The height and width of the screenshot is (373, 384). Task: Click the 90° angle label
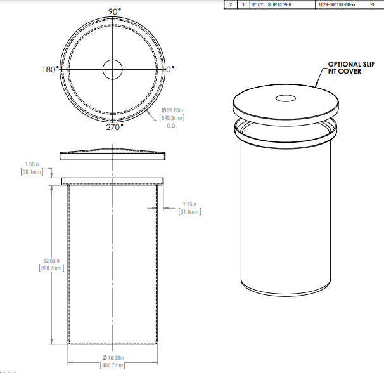click(x=114, y=12)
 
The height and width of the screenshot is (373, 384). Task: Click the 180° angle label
click(x=51, y=69)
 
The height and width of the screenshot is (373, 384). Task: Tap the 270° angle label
click(x=114, y=126)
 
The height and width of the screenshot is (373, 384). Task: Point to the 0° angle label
click(x=170, y=69)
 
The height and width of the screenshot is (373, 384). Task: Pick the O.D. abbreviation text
click(x=171, y=126)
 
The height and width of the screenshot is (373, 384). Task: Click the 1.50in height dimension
click(x=30, y=164)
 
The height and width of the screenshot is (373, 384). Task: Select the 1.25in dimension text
click(x=189, y=204)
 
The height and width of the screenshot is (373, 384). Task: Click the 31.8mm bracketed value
click(x=189, y=213)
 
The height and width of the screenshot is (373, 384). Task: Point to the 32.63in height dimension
click(x=51, y=261)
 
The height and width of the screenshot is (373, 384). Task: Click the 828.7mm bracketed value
click(x=51, y=269)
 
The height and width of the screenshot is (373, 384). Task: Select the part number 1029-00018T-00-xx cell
click(x=337, y=4)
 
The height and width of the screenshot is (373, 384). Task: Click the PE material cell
click(x=372, y=4)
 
